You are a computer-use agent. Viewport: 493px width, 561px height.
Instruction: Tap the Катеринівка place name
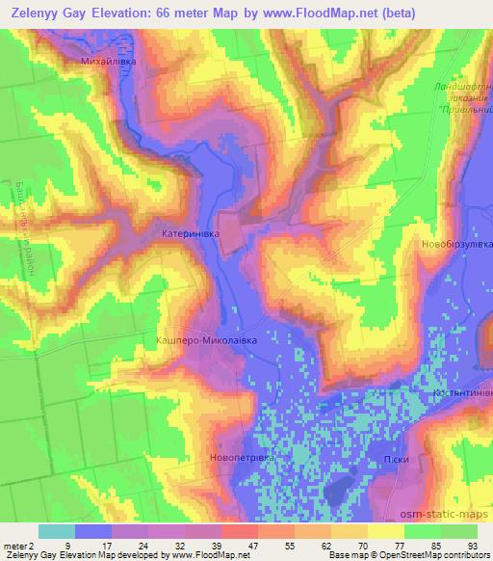(190, 234)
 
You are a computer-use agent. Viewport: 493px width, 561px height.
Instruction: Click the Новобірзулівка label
(454, 245)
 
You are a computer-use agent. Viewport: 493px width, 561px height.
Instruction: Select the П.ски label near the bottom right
(399, 460)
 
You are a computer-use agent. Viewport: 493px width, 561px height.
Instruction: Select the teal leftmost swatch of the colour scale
(56, 531)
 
